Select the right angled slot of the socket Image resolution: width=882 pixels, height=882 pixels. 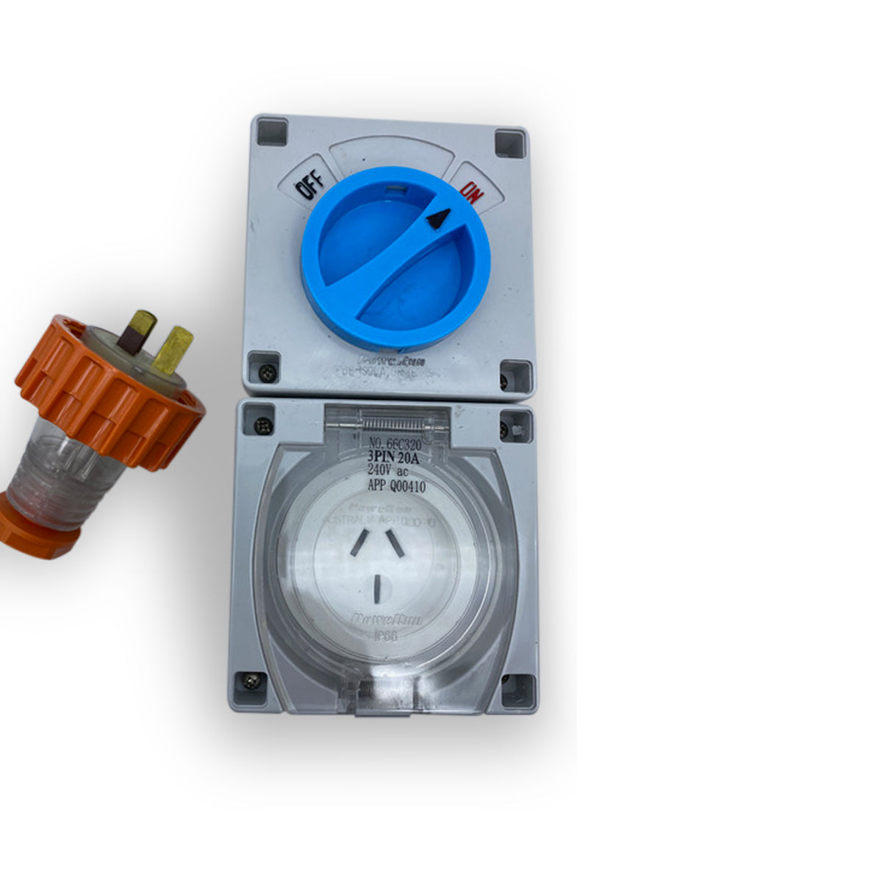tap(395, 543)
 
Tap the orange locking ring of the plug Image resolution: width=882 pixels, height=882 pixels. tap(110, 393)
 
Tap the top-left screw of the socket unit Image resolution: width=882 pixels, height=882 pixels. tap(260, 425)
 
